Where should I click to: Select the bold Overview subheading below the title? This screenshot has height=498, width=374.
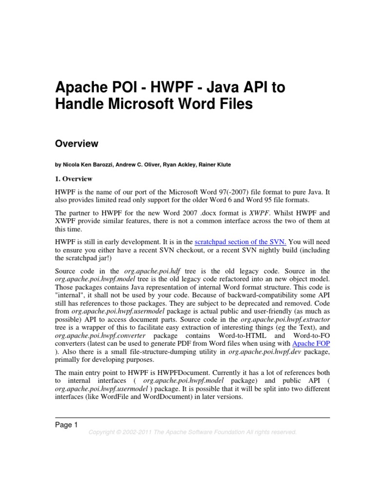pyautogui.click(x=76, y=143)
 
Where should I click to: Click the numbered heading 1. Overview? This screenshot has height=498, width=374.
pyautogui.click(x=75, y=179)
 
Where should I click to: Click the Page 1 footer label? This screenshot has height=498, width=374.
pyautogui.click(x=66, y=425)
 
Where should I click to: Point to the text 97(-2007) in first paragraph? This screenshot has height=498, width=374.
pyautogui.click(x=227, y=193)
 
